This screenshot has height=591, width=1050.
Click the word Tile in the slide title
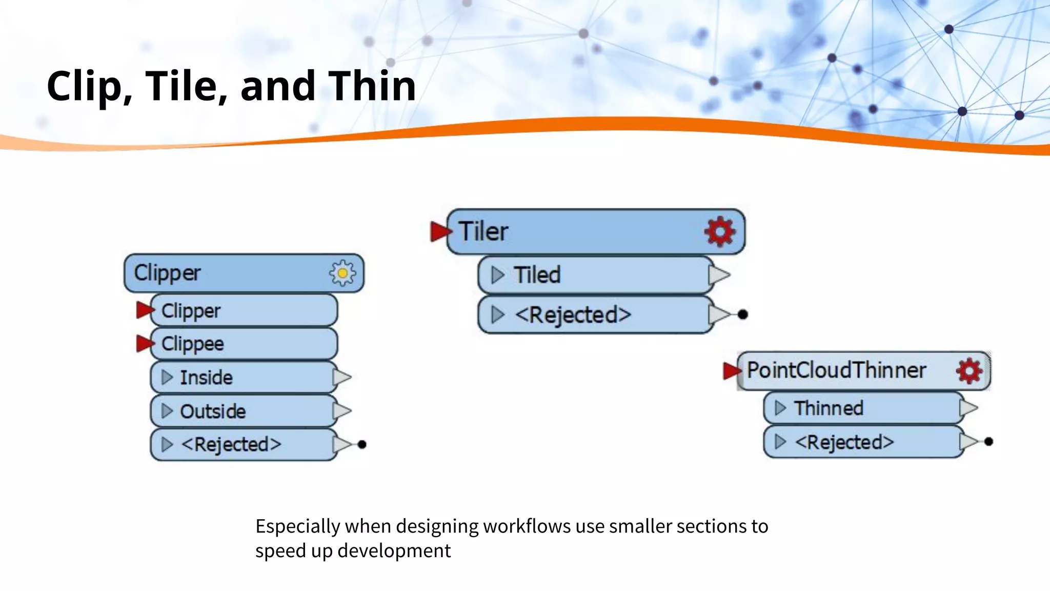[x=187, y=86]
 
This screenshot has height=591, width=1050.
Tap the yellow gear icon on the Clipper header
[x=342, y=273]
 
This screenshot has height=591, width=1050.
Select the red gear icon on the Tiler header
[x=720, y=231]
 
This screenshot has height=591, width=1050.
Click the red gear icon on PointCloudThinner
[x=969, y=370]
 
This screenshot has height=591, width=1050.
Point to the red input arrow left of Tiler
[x=440, y=231]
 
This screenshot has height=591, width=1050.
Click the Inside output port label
[x=206, y=378]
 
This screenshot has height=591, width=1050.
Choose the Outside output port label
[x=213, y=411]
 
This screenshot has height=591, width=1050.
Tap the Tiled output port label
[x=537, y=275]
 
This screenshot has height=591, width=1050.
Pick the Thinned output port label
[x=829, y=408]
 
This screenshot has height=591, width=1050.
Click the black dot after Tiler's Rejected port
[x=742, y=314]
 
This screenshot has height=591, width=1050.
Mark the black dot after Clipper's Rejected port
[x=362, y=444]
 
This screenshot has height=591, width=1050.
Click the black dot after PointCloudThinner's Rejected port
[x=989, y=441]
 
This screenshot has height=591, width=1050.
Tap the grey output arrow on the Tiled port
[x=719, y=275]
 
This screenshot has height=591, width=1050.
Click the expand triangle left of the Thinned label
[x=780, y=408]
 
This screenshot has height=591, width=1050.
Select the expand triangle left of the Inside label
[x=167, y=378]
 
